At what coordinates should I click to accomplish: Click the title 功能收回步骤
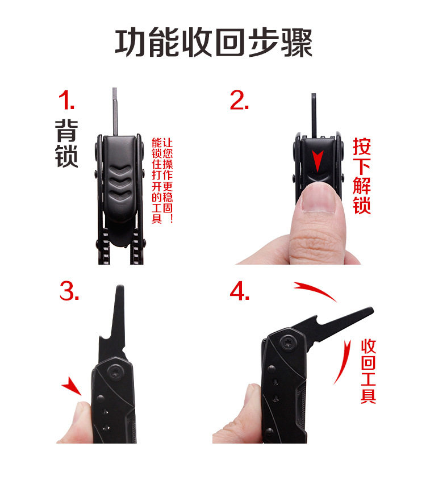point(214,42)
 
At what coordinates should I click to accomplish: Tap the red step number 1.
point(66,100)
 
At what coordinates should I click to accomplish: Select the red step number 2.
point(239,100)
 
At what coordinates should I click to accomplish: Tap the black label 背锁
point(66,143)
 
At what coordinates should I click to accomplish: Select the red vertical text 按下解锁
point(362,176)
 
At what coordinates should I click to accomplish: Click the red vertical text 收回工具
point(368,371)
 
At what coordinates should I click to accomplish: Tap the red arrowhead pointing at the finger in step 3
point(72,386)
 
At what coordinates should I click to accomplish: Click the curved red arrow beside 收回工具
point(343,362)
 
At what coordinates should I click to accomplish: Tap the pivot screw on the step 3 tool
point(116,372)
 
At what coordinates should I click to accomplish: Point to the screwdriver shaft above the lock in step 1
point(115,112)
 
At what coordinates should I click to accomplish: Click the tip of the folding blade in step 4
point(372,310)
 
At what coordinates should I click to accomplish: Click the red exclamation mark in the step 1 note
point(171,218)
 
